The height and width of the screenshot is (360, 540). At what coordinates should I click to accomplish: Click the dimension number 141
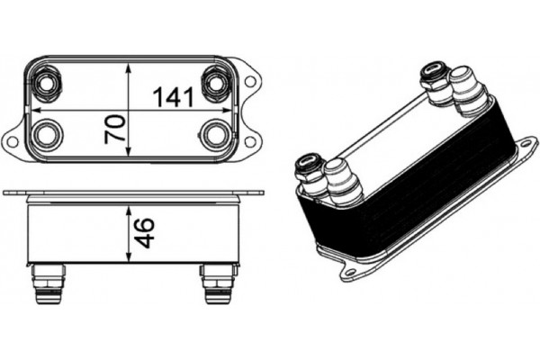[170, 95]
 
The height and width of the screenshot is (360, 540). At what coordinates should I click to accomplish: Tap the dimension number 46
[144, 232]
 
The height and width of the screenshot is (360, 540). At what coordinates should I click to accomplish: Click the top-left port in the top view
[46, 84]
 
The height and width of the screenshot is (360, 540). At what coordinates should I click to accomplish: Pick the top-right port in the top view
[216, 84]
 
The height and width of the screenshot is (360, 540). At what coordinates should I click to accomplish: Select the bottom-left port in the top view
[46, 136]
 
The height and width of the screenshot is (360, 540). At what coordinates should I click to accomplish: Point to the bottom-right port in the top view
[216, 136]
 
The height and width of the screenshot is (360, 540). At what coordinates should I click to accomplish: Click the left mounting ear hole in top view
[13, 139]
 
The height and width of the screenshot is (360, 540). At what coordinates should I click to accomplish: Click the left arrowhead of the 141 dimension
[33, 110]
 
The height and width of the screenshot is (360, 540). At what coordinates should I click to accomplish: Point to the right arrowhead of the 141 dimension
[230, 110]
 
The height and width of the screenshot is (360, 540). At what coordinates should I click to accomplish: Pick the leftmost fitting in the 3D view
[310, 172]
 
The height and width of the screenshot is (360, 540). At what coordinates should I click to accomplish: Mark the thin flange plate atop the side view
[135, 193]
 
